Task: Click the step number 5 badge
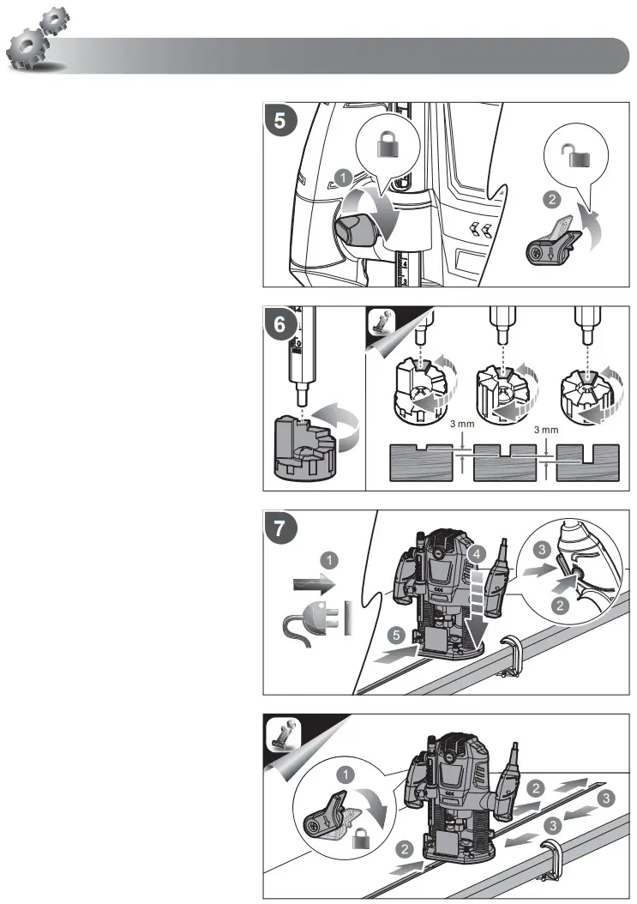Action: pos(279,120)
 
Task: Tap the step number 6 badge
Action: pos(279,324)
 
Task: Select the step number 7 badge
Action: pos(279,528)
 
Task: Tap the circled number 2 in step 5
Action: pos(552,200)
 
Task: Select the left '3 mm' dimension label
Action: pos(462,424)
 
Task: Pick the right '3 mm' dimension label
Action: pos(546,430)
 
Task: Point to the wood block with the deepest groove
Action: pos(587,462)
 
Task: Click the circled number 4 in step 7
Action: pos(477,555)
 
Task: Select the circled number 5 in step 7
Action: pos(396,636)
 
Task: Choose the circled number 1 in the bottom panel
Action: pos(346,774)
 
